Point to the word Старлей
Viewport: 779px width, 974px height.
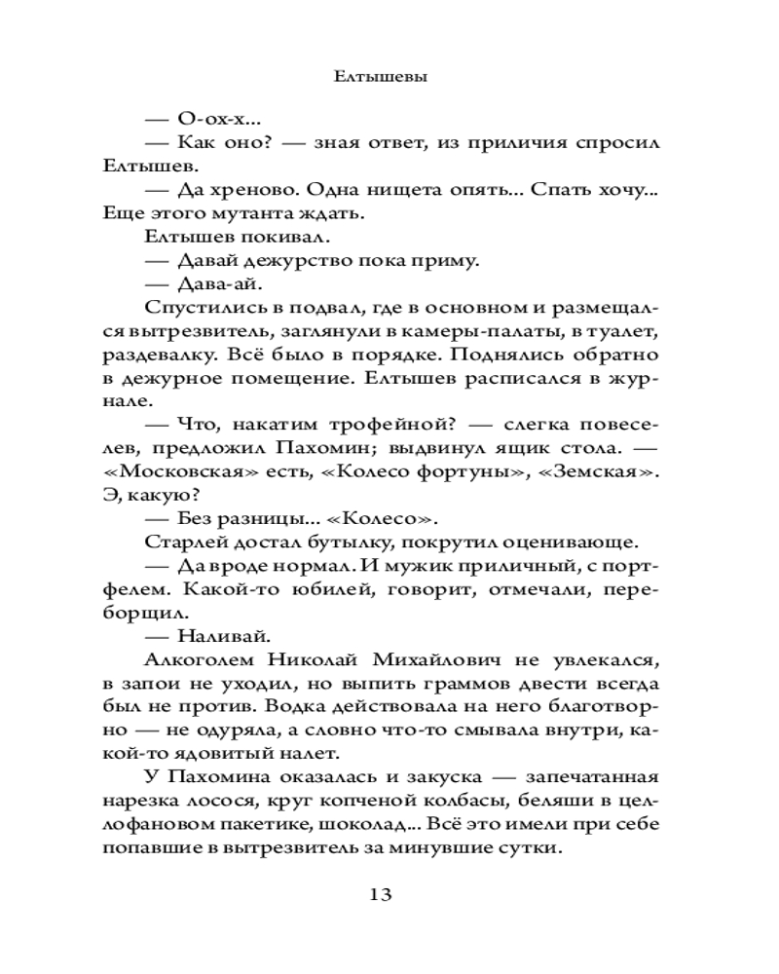pyautogui.click(x=180, y=543)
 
